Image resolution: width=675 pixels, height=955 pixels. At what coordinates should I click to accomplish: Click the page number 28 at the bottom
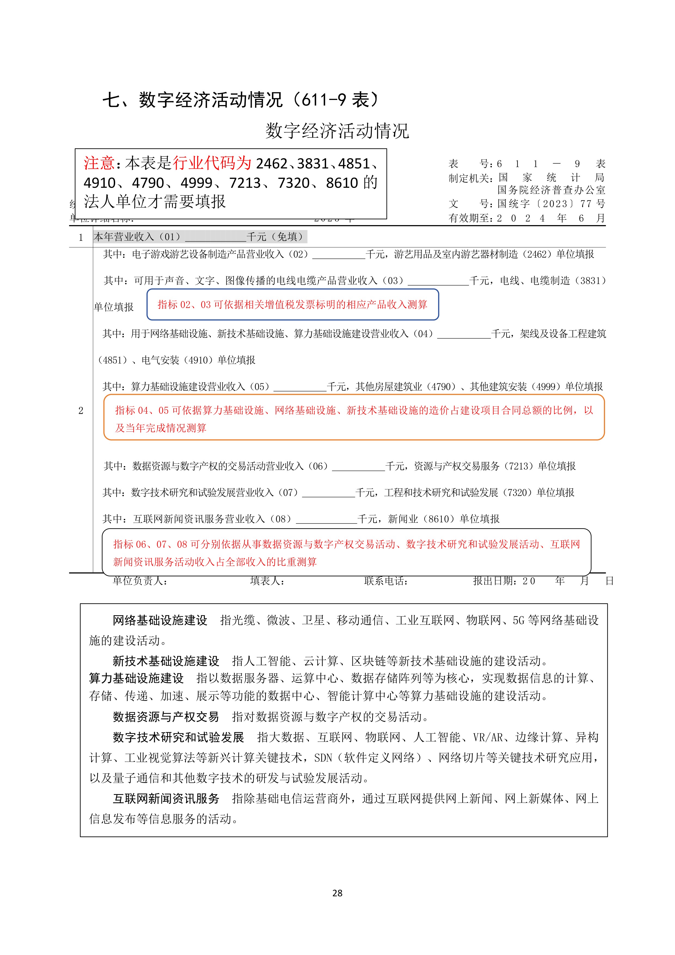pyautogui.click(x=337, y=893)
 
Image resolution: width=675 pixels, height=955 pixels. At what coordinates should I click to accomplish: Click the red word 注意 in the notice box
pyautogui.click(x=99, y=163)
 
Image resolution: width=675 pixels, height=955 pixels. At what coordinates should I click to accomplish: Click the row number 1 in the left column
pyautogui.click(x=81, y=237)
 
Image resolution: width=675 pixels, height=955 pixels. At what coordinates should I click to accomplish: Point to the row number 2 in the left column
pyautogui.click(x=81, y=411)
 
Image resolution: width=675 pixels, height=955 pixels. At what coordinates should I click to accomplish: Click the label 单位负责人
pyautogui.click(x=140, y=581)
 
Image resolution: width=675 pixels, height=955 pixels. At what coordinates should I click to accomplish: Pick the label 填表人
pyautogui.click(x=267, y=581)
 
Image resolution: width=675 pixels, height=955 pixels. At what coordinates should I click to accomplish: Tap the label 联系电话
pyautogui.click(x=385, y=581)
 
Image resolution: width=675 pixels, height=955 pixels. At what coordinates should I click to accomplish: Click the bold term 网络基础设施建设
pyautogui.click(x=160, y=620)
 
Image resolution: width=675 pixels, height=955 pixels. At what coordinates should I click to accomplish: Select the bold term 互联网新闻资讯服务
pyautogui.click(x=166, y=798)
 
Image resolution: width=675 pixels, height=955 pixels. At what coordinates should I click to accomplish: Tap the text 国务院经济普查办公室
pyautogui.click(x=551, y=190)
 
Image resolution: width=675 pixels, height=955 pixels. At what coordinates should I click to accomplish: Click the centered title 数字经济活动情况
pyautogui.click(x=337, y=131)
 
